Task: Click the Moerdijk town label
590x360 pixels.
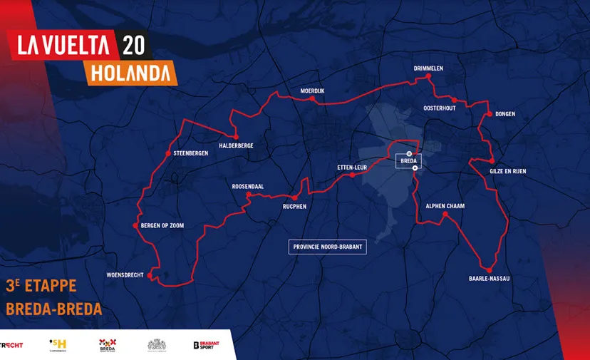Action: (312, 91)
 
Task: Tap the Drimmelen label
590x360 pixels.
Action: (428, 68)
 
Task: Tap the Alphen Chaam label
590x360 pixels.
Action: (445, 206)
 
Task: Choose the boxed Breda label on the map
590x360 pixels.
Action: (408, 161)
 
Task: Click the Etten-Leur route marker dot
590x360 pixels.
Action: (352, 175)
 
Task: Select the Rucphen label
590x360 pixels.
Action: (294, 207)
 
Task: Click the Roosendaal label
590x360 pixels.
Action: (248, 187)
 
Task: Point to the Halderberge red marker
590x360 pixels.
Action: (234, 136)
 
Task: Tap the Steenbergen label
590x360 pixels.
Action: (190, 153)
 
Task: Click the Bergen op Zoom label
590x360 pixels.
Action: (162, 226)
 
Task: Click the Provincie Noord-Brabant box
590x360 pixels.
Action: (327, 247)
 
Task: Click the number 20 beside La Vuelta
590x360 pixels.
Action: (133, 46)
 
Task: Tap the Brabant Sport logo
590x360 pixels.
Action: (206, 345)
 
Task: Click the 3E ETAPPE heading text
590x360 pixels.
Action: (41, 287)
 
